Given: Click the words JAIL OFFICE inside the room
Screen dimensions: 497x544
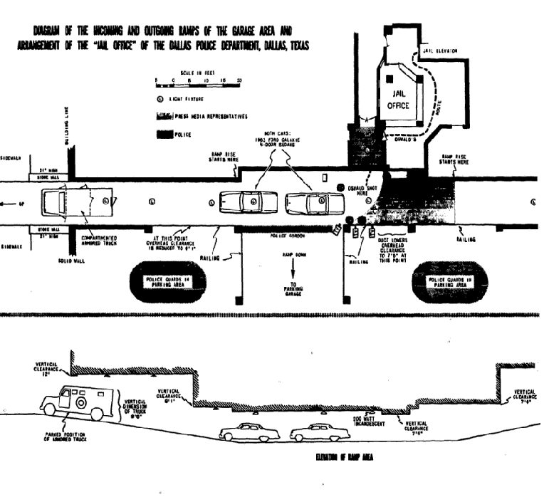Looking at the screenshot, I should point(398,100).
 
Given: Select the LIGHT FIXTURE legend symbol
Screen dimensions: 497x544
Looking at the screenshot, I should point(161,99).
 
